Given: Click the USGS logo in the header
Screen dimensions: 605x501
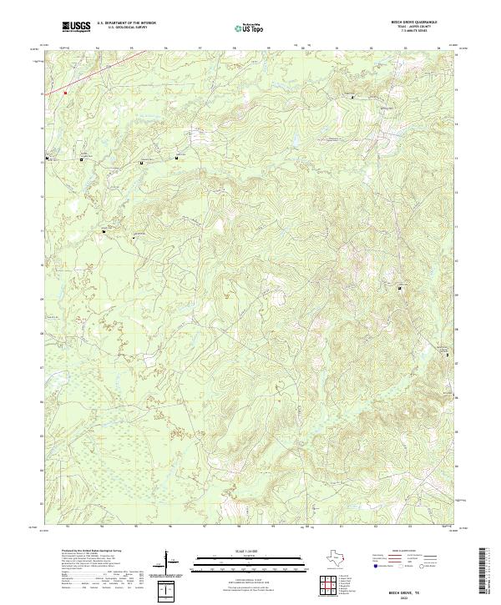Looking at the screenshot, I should click(77, 27).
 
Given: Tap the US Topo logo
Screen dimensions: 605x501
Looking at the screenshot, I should click(251, 28).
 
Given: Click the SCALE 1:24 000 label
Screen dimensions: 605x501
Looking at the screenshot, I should click(250, 550).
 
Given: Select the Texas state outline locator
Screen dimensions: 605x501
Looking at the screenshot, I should click(334, 557).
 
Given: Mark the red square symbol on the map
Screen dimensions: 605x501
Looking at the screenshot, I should click(64, 93).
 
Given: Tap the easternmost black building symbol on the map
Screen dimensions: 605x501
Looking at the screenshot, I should click(448, 355).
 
